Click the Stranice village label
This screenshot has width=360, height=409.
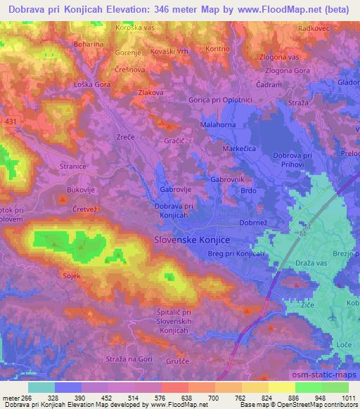click(73, 167)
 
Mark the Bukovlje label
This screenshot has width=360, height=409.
click(79, 190)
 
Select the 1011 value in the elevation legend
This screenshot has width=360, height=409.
click(346, 398)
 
